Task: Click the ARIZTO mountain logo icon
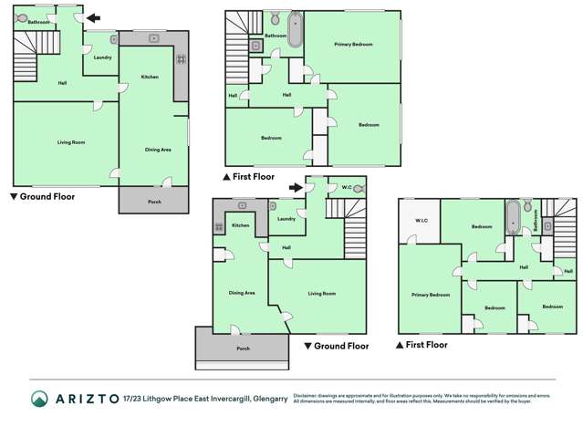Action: click(38, 399)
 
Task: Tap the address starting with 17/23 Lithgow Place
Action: click(206, 399)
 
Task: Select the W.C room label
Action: click(347, 189)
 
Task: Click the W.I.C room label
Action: click(421, 221)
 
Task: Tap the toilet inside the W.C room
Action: click(358, 189)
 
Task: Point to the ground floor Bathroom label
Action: click(38, 20)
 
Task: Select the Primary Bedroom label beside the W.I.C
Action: click(430, 295)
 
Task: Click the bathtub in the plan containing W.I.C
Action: click(514, 218)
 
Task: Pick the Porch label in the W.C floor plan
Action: click(243, 349)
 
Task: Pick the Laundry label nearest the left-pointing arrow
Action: click(102, 57)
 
